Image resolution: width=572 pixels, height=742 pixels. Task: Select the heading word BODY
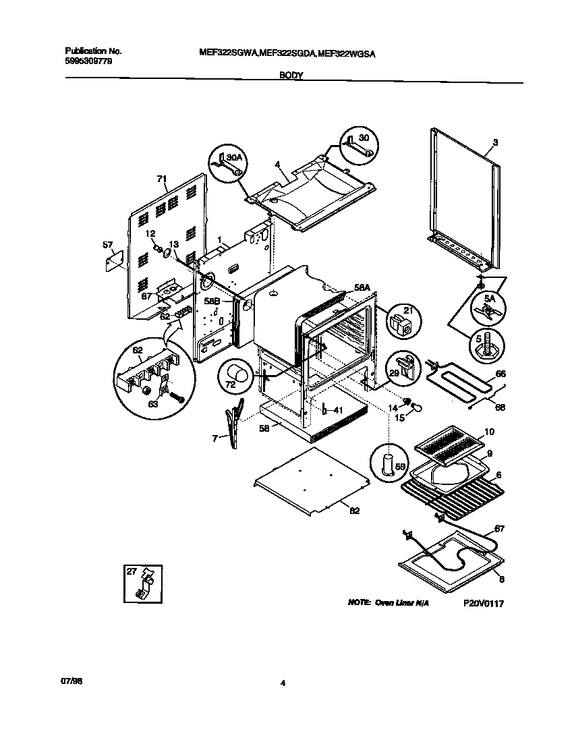[x=291, y=77]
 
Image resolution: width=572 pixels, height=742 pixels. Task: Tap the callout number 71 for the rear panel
[x=161, y=179]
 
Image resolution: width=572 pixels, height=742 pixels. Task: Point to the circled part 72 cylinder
[x=235, y=374]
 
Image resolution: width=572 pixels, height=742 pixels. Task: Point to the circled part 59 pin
[x=387, y=464]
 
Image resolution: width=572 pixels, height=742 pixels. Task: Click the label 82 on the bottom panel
[x=354, y=511]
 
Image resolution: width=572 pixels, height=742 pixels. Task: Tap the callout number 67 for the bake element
[x=499, y=528]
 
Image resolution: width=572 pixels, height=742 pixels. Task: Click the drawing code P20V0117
[x=484, y=604]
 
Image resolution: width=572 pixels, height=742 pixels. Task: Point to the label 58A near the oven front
[x=362, y=287]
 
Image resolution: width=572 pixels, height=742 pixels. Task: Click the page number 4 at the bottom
[x=283, y=683]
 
